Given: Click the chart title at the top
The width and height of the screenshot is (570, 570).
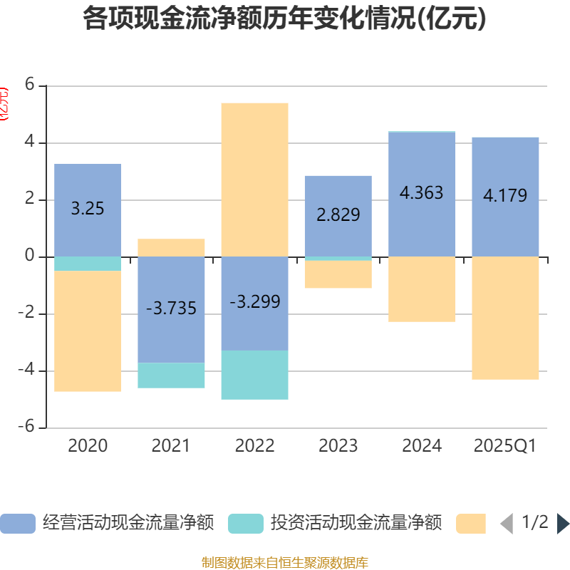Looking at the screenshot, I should point(285,19).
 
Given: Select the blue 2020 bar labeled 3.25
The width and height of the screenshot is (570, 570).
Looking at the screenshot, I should point(88,210).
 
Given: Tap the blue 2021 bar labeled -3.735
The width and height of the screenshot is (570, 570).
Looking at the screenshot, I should point(171,309).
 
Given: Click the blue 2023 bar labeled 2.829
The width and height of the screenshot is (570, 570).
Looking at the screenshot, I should point(338,215).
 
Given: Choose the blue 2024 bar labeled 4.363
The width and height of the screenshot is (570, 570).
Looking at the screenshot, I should point(422,194).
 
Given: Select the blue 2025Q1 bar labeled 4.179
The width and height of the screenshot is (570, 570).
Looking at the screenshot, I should point(505,196).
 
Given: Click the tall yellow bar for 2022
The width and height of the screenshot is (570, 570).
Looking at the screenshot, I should point(254,179).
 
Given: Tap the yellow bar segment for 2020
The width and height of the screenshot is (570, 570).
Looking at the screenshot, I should point(88,331).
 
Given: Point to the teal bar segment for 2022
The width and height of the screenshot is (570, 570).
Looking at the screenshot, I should point(254,375).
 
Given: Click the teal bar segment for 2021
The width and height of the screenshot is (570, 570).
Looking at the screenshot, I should point(171,375).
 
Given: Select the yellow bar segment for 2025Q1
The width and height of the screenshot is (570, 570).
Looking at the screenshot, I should point(505,318).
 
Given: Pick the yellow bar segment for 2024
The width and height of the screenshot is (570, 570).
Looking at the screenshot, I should point(422,289).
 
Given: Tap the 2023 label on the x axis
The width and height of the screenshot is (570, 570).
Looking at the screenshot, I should point(338,446).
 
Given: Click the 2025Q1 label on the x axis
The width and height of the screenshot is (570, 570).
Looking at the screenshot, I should point(505,446).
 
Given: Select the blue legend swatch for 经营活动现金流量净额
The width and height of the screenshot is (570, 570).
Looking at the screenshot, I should point(17,524).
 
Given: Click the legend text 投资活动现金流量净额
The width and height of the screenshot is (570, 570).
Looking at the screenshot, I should point(356,523).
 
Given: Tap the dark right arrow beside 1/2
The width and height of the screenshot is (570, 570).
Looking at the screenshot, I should point(563,524).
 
